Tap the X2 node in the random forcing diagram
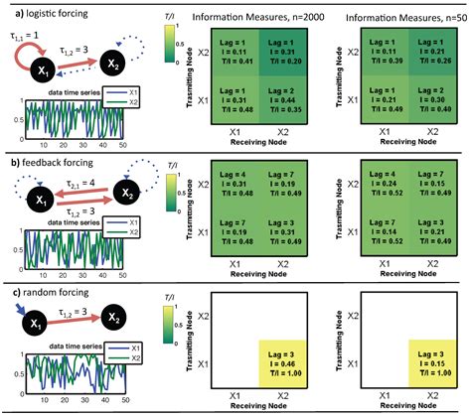(120, 329)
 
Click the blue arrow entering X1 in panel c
(18, 311)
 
